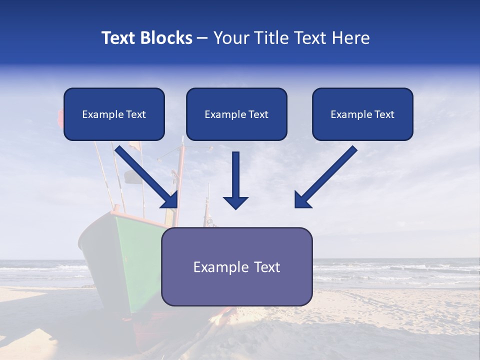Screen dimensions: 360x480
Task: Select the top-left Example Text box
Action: [x=114, y=114]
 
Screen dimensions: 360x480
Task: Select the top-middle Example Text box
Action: [x=236, y=114]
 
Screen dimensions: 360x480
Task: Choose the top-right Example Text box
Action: [x=362, y=114]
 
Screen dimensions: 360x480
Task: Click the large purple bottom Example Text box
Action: [x=236, y=267]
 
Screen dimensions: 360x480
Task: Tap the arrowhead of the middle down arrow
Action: [x=235, y=202]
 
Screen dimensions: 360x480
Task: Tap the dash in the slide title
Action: [x=202, y=38]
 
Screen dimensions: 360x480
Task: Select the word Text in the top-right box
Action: [x=384, y=114]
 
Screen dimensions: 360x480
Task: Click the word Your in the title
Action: [x=229, y=38]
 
